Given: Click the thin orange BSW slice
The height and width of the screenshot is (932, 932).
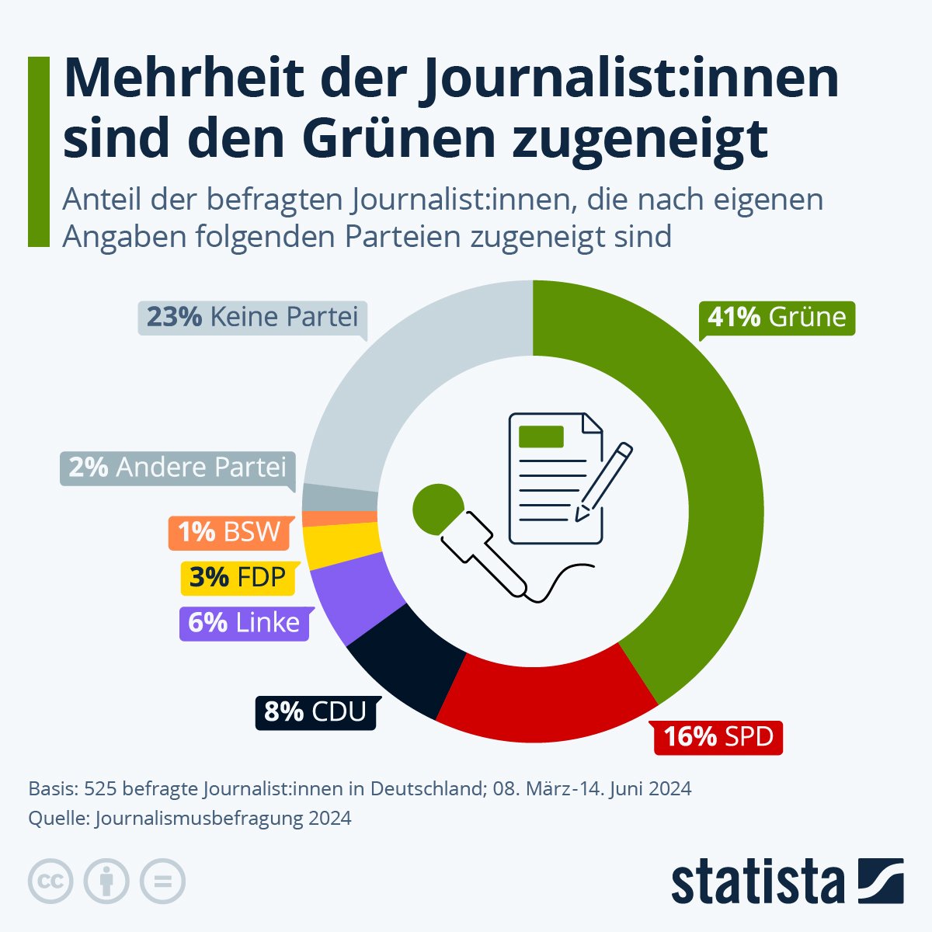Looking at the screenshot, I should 339,518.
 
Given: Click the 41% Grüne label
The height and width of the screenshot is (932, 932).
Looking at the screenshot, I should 776,318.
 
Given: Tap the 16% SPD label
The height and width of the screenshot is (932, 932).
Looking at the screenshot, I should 718,736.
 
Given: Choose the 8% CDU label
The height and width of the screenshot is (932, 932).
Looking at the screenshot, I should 315,711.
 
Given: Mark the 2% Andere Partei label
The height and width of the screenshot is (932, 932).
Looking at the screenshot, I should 178,468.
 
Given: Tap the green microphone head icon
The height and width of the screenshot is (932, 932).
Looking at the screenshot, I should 436,507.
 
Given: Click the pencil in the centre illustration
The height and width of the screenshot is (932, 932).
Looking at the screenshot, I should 604,482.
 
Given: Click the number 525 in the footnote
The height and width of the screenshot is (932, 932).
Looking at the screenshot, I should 100,789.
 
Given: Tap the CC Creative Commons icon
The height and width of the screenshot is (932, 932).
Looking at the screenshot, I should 50,882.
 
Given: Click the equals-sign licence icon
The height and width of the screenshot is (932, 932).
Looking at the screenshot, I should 162,882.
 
